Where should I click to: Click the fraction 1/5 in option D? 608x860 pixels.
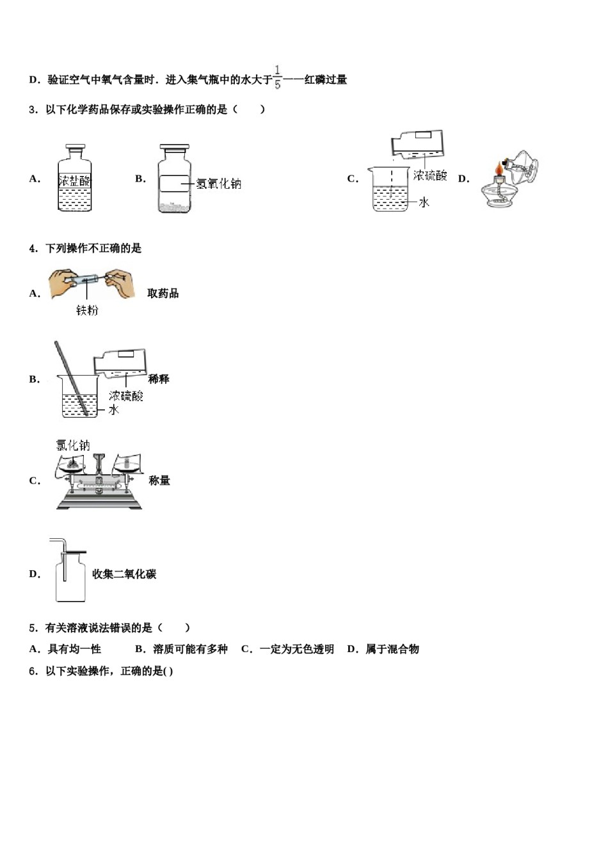(x=277, y=77)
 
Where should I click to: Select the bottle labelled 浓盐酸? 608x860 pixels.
(x=74, y=179)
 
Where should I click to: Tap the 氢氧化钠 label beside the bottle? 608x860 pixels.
(x=219, y=184)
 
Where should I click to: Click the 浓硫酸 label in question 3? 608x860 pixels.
(x=429, y=175)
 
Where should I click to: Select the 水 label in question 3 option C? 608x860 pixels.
(x=424, y=202)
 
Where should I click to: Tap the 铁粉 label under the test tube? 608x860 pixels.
(x=87, y=311)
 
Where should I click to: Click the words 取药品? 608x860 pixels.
(x=163, y=294)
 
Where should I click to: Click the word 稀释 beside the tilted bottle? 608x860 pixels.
(x=158, y=379)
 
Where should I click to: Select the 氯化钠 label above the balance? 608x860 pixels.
(x=73, y=445)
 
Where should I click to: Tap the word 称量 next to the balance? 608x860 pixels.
(x=159, y=481)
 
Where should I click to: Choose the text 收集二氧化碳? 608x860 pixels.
(x=124, y=574)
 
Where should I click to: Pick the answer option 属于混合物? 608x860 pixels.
(x=392, y=649)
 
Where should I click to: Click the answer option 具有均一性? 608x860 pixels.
(x=74, y=649)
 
